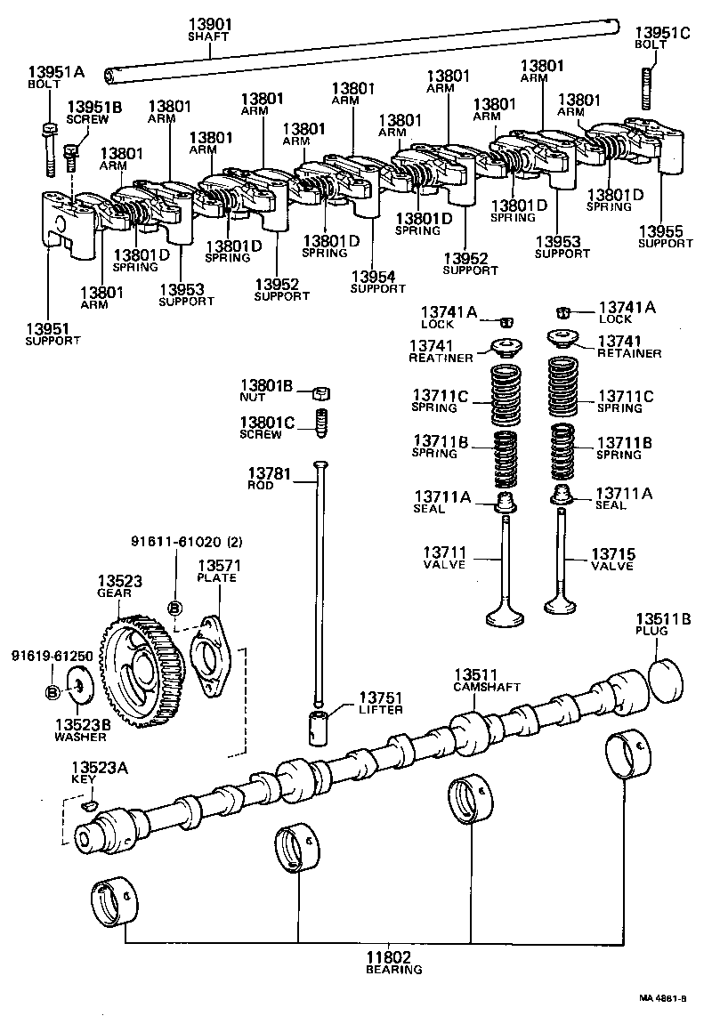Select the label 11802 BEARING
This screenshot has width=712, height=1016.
click(x=390, y=963)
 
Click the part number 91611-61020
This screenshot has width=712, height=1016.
click(x=174, y=539)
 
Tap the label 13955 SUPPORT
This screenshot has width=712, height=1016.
click(x=666, y=237)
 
